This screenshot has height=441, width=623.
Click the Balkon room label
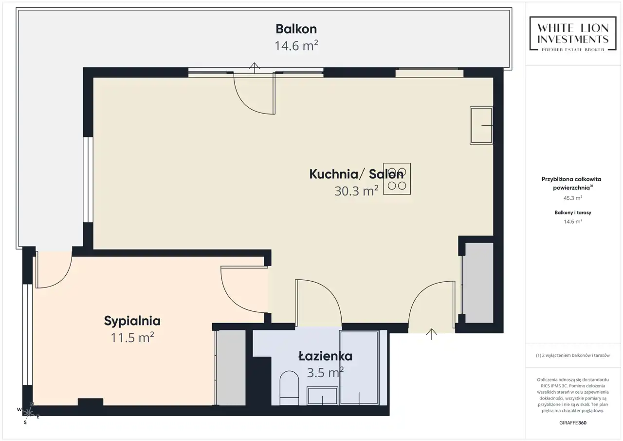point(296,29)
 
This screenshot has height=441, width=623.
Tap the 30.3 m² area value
point(356,191)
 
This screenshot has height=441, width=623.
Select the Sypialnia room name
point(132,321)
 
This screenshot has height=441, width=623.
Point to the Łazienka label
point(325,356)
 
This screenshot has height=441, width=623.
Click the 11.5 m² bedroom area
point(132,337)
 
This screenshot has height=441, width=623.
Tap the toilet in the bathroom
point(289,388)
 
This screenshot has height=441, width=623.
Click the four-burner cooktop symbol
point(397,179)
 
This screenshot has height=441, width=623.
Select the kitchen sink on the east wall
point(481,125)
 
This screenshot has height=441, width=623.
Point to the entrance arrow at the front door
point(431,334)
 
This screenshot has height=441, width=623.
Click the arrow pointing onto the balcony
point(254,68)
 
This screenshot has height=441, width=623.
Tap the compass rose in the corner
point(28,413)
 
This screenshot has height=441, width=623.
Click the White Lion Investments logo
point(573,34)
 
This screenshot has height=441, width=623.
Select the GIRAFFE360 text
point(573,422)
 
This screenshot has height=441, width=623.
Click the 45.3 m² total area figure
point(573,198)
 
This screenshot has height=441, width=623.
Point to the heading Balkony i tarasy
point(573,212)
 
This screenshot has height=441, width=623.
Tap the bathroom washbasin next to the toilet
point(322,396)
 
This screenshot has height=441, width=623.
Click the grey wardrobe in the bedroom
point(231,368)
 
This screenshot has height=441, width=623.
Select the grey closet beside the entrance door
point(477,283)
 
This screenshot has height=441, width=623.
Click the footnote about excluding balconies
point(573,355)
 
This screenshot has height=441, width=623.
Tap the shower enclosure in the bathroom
point(359,367)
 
